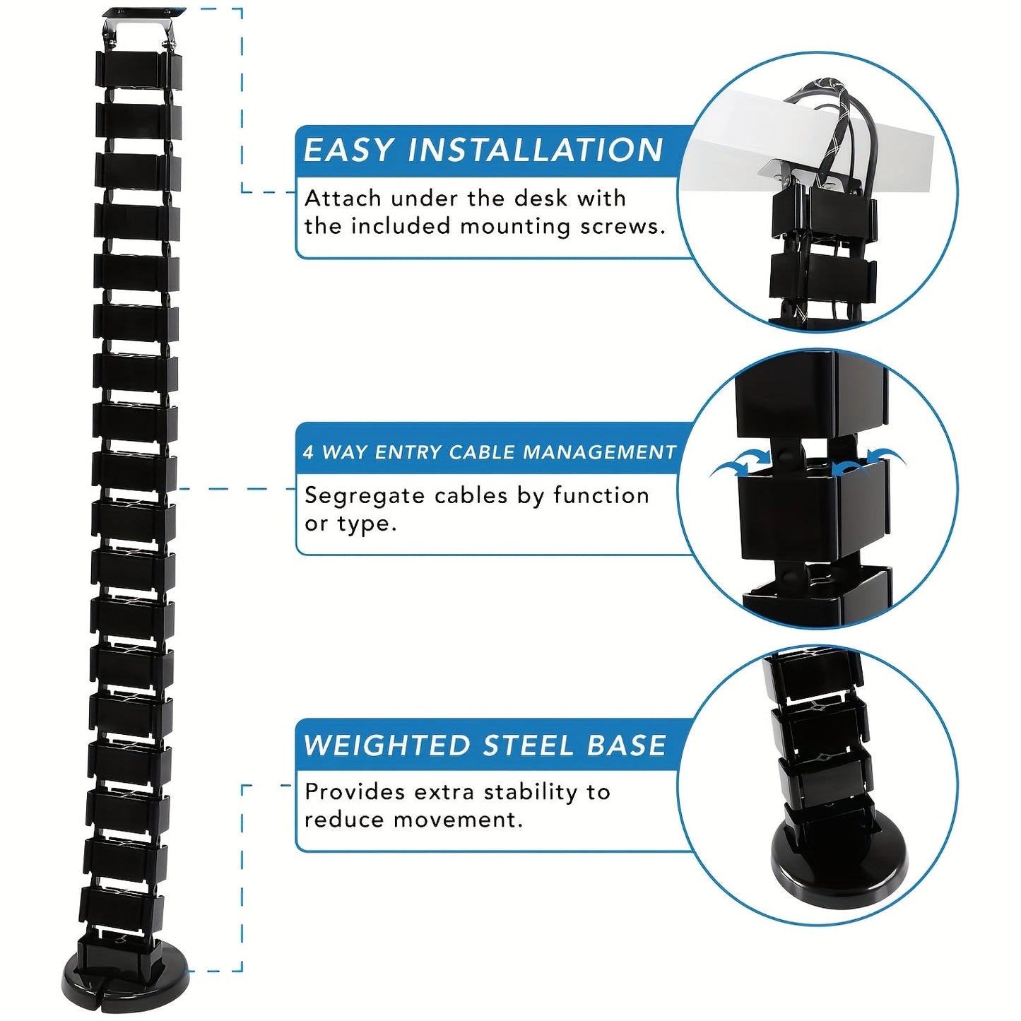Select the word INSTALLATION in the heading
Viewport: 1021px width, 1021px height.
pyautogui.click(x=536, y=150)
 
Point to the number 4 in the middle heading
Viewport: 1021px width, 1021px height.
pyautogui.click(x=308, y=452)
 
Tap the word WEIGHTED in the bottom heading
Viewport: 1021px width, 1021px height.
pyautogui.click(x=386, y=746)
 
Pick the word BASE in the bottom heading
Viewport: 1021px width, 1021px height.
pyautogui.click(x=626, y=746)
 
